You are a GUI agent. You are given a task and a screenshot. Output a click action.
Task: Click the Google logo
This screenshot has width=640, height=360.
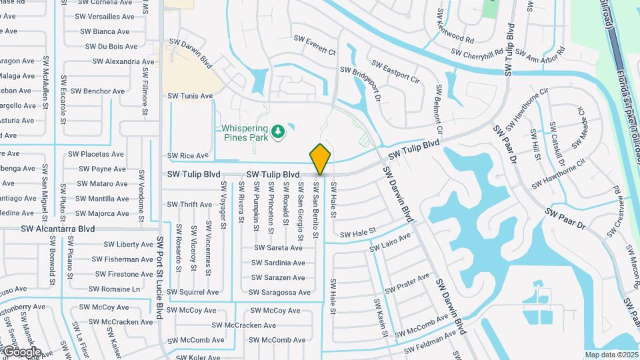click(21, 351)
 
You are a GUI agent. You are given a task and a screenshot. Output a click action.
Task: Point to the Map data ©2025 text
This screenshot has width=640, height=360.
click(611, 355)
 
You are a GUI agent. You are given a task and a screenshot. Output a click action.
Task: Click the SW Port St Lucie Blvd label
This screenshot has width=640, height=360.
click(160, 277)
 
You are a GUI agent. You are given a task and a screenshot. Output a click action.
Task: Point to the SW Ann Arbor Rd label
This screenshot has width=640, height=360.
click(540, 53)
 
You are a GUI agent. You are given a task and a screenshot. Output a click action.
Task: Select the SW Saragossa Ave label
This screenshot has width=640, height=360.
click(279, 292)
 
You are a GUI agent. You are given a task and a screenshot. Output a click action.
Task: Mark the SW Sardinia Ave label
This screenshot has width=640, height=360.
click(279, 263)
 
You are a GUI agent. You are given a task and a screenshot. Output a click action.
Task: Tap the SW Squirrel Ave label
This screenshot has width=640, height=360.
click(193, 292)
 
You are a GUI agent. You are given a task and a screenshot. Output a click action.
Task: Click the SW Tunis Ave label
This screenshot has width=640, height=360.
click(190, 96)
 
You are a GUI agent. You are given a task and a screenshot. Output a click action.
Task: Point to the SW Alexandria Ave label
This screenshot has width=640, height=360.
click(123, 61)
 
